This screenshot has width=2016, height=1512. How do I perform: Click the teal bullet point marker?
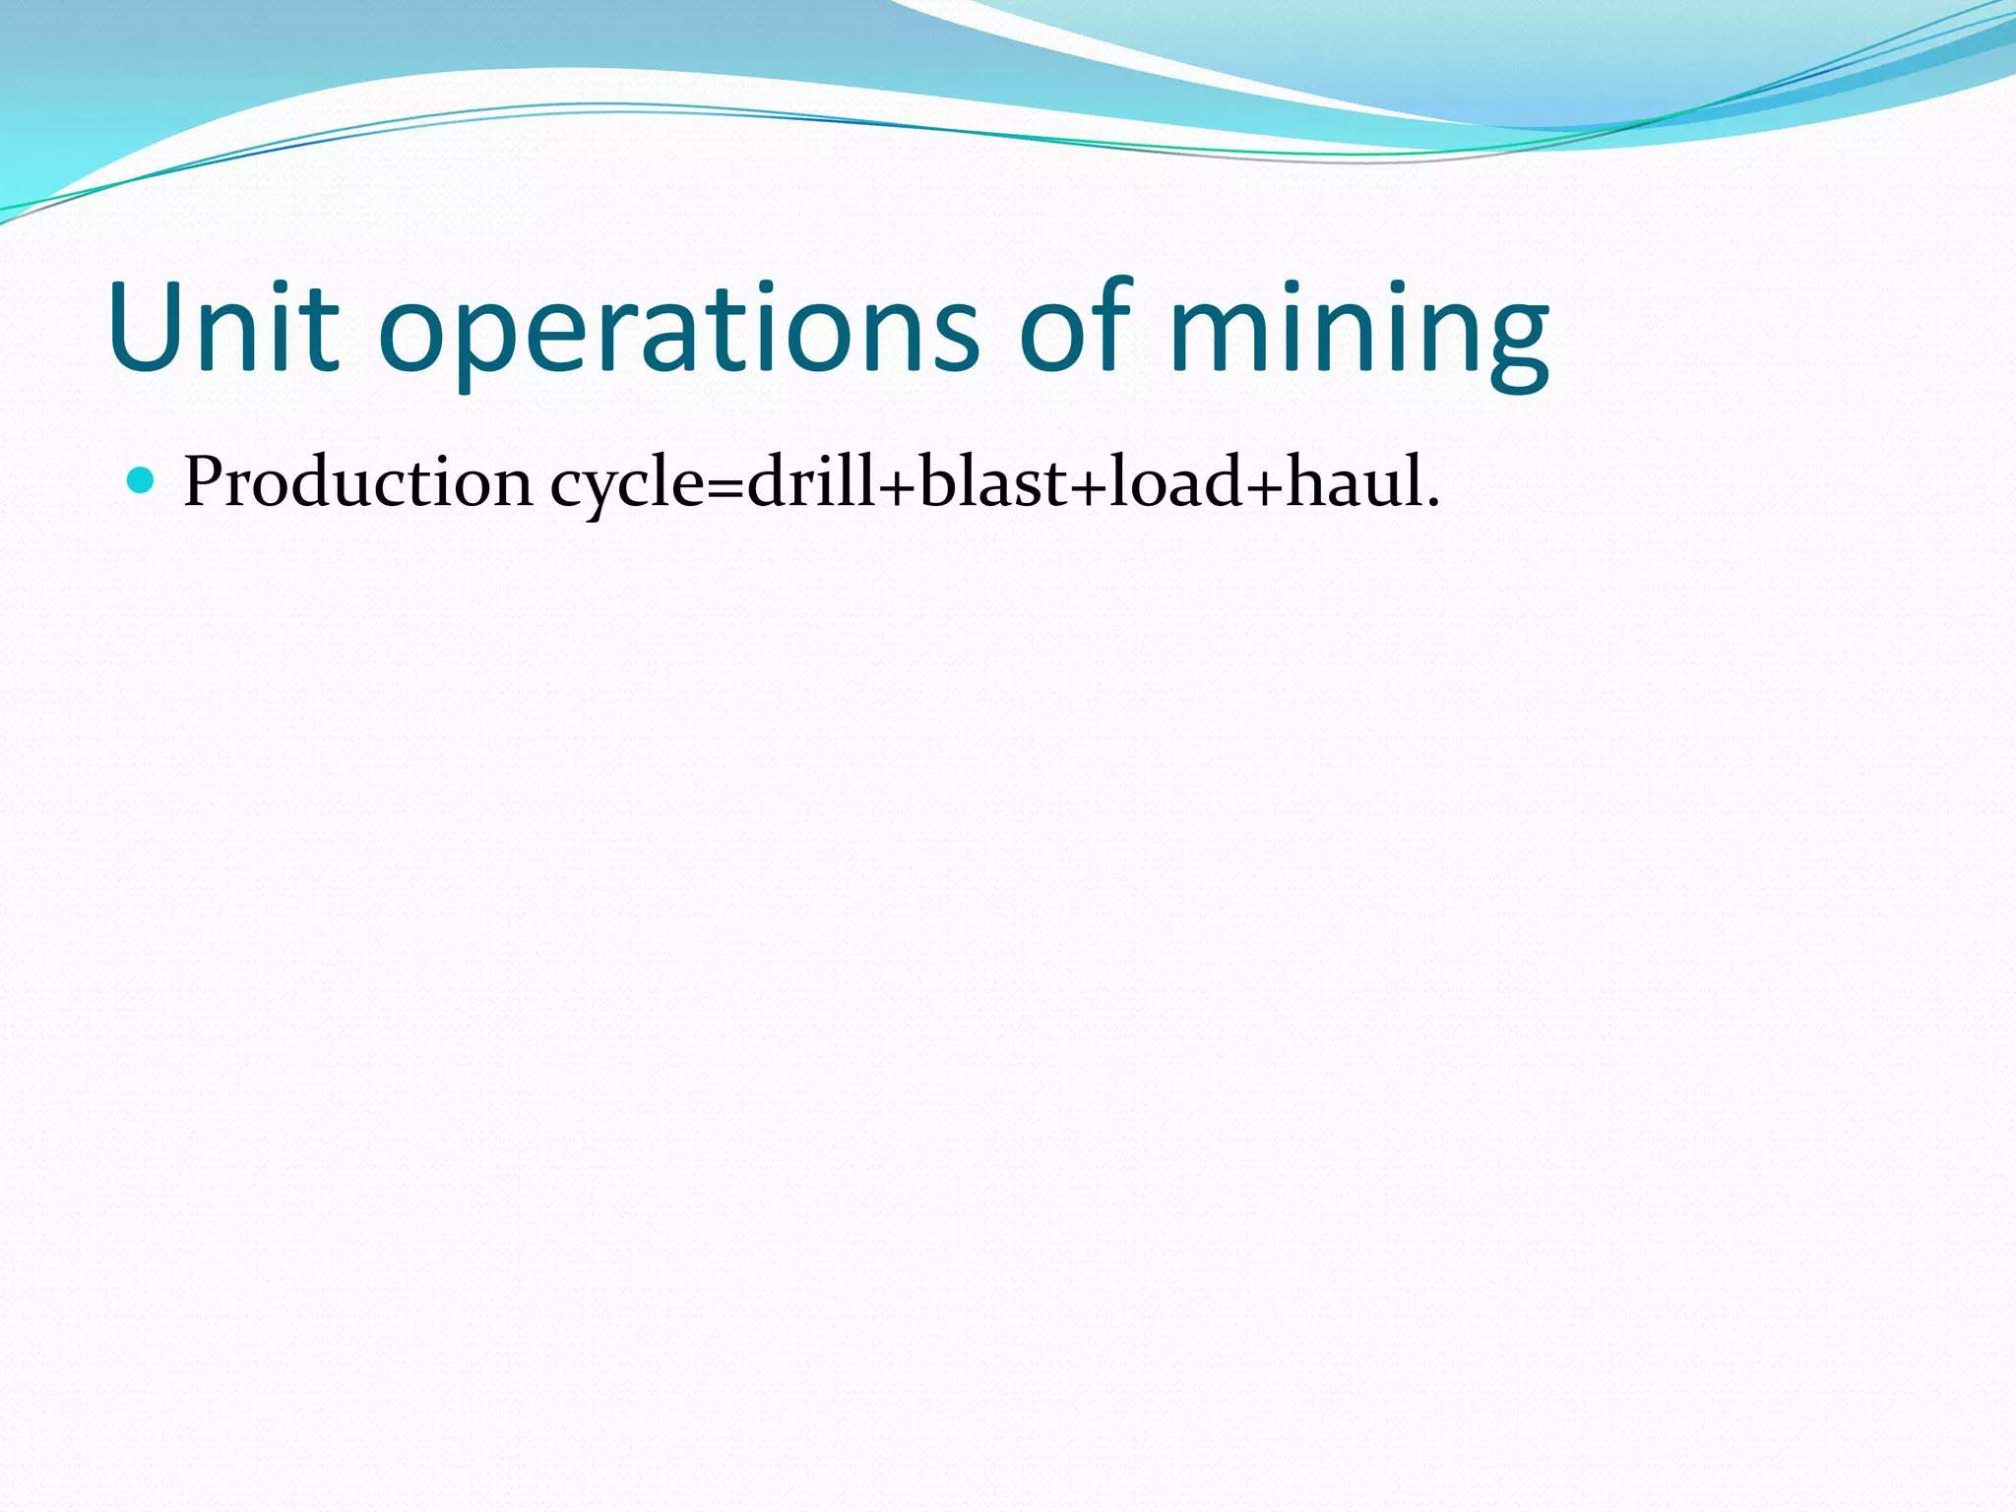tap(142, 480)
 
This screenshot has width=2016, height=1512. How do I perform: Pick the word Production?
tap(357, 482)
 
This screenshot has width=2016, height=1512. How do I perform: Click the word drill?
tap(809, 482)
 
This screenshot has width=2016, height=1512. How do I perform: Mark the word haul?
tap(1354, 482)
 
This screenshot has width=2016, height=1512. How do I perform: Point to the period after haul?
tap(1433, 505)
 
